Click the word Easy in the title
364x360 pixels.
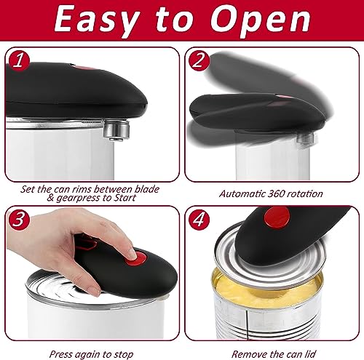point(97,20)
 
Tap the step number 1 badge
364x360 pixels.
point(19,61)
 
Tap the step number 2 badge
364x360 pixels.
point(199,61)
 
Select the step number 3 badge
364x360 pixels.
point(19,220)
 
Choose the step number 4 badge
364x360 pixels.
point(199,220)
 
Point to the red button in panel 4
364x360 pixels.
point(277,218)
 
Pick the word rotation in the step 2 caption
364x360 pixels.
point(304,194)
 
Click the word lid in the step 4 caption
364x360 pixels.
point(310,354)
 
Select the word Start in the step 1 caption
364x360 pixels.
point(124,198)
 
